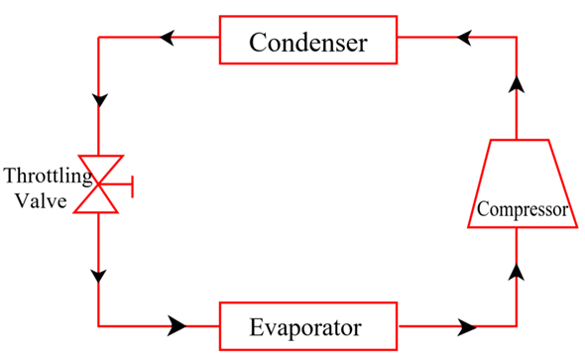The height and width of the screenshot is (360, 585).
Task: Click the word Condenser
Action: click(308, 44)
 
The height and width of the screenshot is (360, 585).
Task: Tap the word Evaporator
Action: click(306, 325)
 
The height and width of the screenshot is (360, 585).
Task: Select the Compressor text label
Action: click(522, 210)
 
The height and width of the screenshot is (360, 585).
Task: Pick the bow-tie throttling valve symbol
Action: click(100, 183)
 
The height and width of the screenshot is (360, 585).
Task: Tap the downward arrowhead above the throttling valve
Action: click(99, 101)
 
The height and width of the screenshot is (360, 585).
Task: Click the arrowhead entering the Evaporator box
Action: click(177, 324)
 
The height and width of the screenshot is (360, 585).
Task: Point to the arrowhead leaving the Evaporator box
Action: click(469, 324)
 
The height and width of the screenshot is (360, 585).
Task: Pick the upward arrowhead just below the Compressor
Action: click(516, 269)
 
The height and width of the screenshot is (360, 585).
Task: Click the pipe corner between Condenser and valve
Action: click(99, 39)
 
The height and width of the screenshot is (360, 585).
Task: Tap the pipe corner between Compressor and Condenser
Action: click(516, 39)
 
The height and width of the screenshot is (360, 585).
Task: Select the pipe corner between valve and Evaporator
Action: click(99, 324)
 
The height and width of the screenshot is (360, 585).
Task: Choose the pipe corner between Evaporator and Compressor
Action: click(516, 324)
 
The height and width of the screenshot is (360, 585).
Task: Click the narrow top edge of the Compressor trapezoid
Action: click(516, 139)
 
